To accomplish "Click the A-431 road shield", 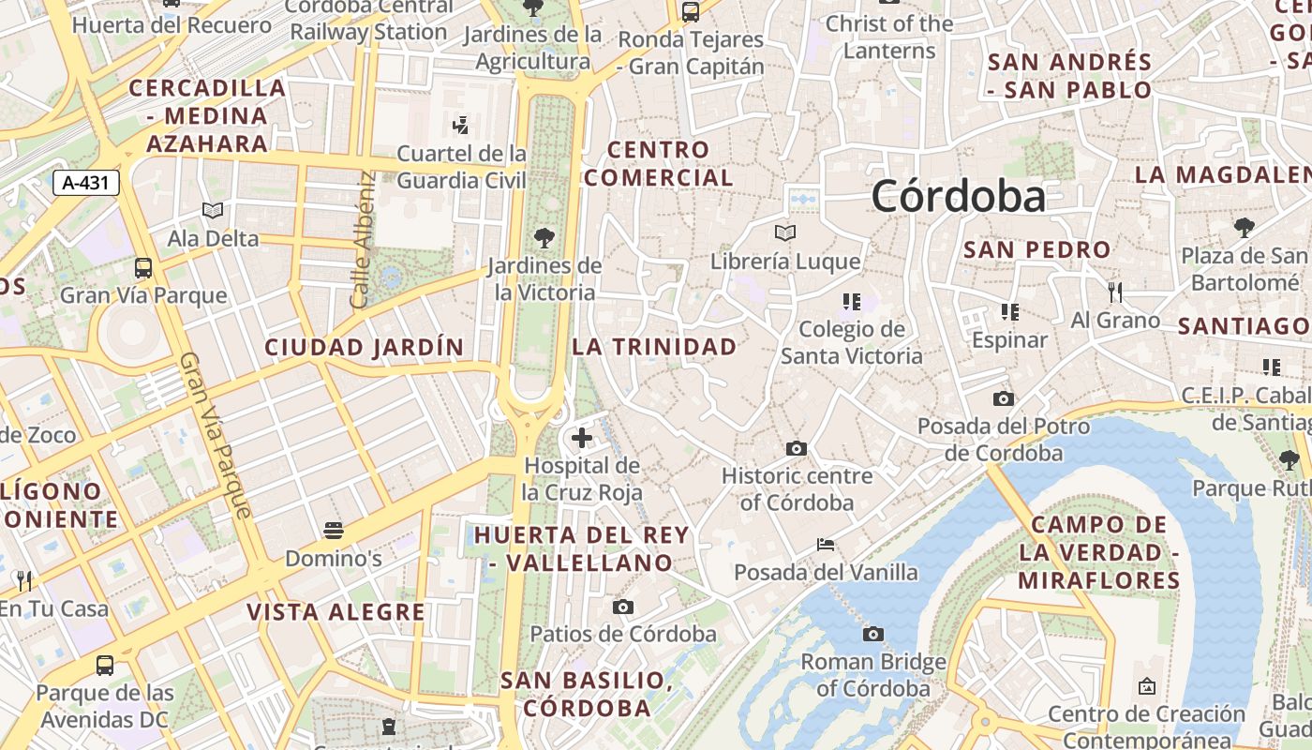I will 85,183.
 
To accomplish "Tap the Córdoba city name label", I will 958,197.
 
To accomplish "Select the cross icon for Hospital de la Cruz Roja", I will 582,437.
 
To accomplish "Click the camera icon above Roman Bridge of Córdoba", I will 872,635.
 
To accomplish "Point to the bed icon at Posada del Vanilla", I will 825,544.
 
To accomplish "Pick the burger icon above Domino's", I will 333,531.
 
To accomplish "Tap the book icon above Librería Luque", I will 784,232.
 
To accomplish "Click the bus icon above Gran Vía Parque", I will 143,268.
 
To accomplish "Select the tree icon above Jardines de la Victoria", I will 544,238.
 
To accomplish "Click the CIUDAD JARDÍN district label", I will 364,348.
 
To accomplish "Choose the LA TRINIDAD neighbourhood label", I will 654,347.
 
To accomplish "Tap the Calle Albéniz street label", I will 362,239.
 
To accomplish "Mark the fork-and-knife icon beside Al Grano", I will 1114,292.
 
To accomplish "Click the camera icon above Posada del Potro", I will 1003,398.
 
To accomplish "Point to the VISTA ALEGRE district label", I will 335,613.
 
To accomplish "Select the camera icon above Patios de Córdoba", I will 622,607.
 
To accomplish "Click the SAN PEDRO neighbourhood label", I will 1036,250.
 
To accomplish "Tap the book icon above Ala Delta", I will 213,211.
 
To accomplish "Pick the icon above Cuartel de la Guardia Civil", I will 460,125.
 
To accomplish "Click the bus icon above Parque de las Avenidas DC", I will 105,666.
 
